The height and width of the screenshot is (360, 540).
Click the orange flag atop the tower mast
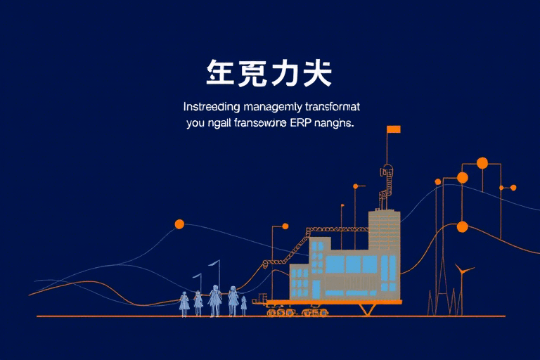click(393, 129)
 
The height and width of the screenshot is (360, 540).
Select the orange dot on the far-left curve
click(179, 224)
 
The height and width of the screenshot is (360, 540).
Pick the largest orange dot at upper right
click(482, 163)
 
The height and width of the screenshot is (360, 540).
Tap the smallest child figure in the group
click(244, 303)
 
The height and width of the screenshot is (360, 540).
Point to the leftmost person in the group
click(184, 302)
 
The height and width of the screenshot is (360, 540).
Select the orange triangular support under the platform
click(366, 309)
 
